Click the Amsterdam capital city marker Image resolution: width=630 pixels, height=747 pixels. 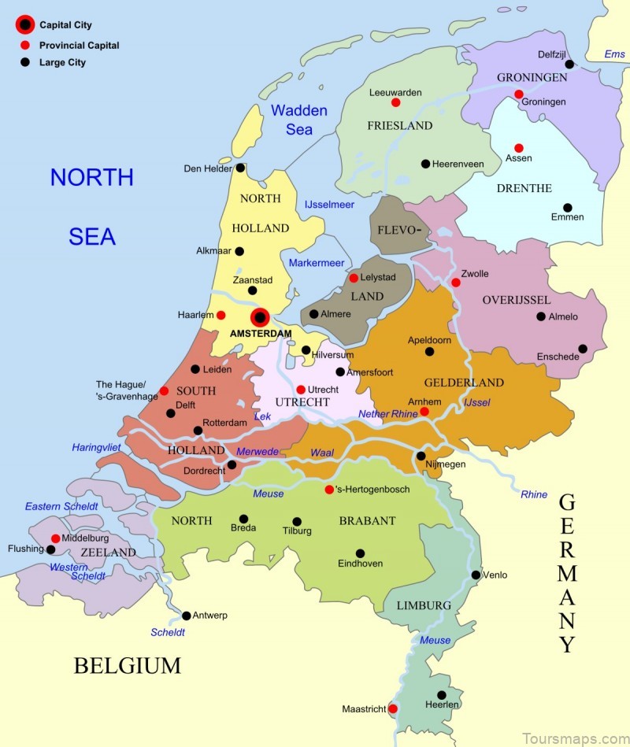pos(260,317)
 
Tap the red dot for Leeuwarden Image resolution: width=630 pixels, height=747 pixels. pos(395,102)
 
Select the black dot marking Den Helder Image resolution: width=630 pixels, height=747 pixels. pos(240,168)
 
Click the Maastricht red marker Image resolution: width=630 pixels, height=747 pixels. pos(393,708)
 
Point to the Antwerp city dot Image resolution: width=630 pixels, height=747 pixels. pos(187,616)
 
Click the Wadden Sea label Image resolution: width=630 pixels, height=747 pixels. pos(299,120)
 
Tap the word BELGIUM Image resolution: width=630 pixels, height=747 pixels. pos(128,666)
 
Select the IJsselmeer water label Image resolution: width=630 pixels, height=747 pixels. pos(329,205)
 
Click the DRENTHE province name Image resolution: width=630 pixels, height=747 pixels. pos(524,188)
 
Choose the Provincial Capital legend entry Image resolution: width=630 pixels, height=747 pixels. pos(79,46)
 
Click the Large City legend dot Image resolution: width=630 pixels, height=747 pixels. pos(25,62)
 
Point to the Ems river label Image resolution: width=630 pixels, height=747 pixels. pos(614,54)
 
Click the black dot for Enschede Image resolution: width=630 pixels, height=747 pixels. pos(583,349)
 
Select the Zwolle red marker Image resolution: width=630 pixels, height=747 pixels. pos(455,283)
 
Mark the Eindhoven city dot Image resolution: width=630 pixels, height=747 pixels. pos(360,553)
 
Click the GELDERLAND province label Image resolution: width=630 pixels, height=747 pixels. pos(464,383)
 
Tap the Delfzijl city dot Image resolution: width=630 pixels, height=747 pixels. pos(569,65)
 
